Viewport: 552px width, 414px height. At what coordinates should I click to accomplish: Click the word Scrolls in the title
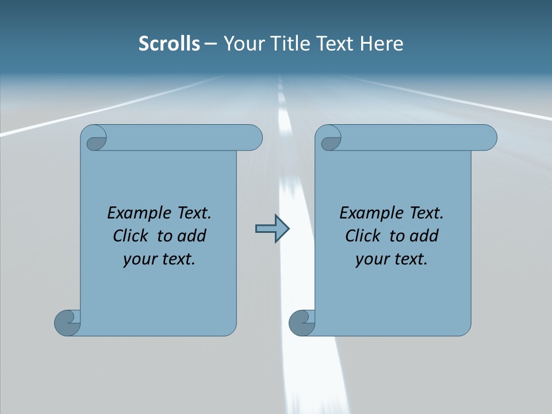pyautogui.click(x=169, y=44)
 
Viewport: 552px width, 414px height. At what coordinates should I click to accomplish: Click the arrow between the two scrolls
pyautogui.click(x=272, y=229)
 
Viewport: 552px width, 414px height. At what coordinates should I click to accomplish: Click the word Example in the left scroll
pyautogui.click(x=132, y=213)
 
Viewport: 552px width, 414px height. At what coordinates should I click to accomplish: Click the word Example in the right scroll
pyautogui.click(x=365, y=213)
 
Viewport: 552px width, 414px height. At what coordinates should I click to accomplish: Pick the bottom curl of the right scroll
pyautogui.click(x=301, y=322)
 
